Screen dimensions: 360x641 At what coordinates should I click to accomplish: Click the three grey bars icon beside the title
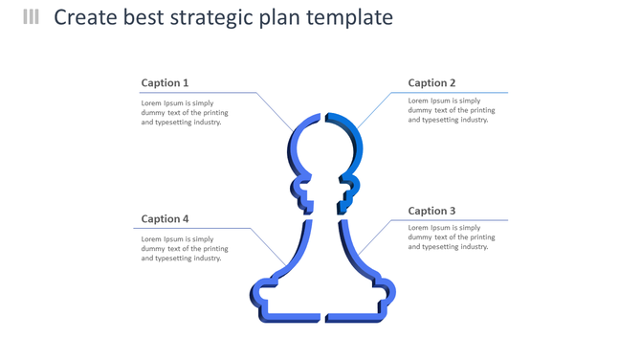click(x=31, y=16)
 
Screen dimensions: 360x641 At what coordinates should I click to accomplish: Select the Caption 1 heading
click(x=165, y=82)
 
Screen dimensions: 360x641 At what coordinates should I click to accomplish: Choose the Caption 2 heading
click(x=431, y=82)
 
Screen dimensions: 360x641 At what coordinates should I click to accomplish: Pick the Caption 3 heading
click(x=431, y=211)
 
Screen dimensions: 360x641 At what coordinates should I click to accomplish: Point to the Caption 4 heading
click(x=165, y=219)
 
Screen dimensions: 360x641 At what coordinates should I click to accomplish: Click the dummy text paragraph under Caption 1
click(x=184, y=112)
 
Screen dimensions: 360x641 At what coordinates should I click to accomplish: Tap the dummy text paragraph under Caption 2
click(x=451, y=110)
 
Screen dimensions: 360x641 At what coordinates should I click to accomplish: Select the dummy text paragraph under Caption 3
click(x=451, y=237)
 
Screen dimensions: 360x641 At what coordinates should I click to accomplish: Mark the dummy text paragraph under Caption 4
click(x=184, y=249)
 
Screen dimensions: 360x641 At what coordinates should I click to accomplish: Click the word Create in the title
click(x=83, y=17)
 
